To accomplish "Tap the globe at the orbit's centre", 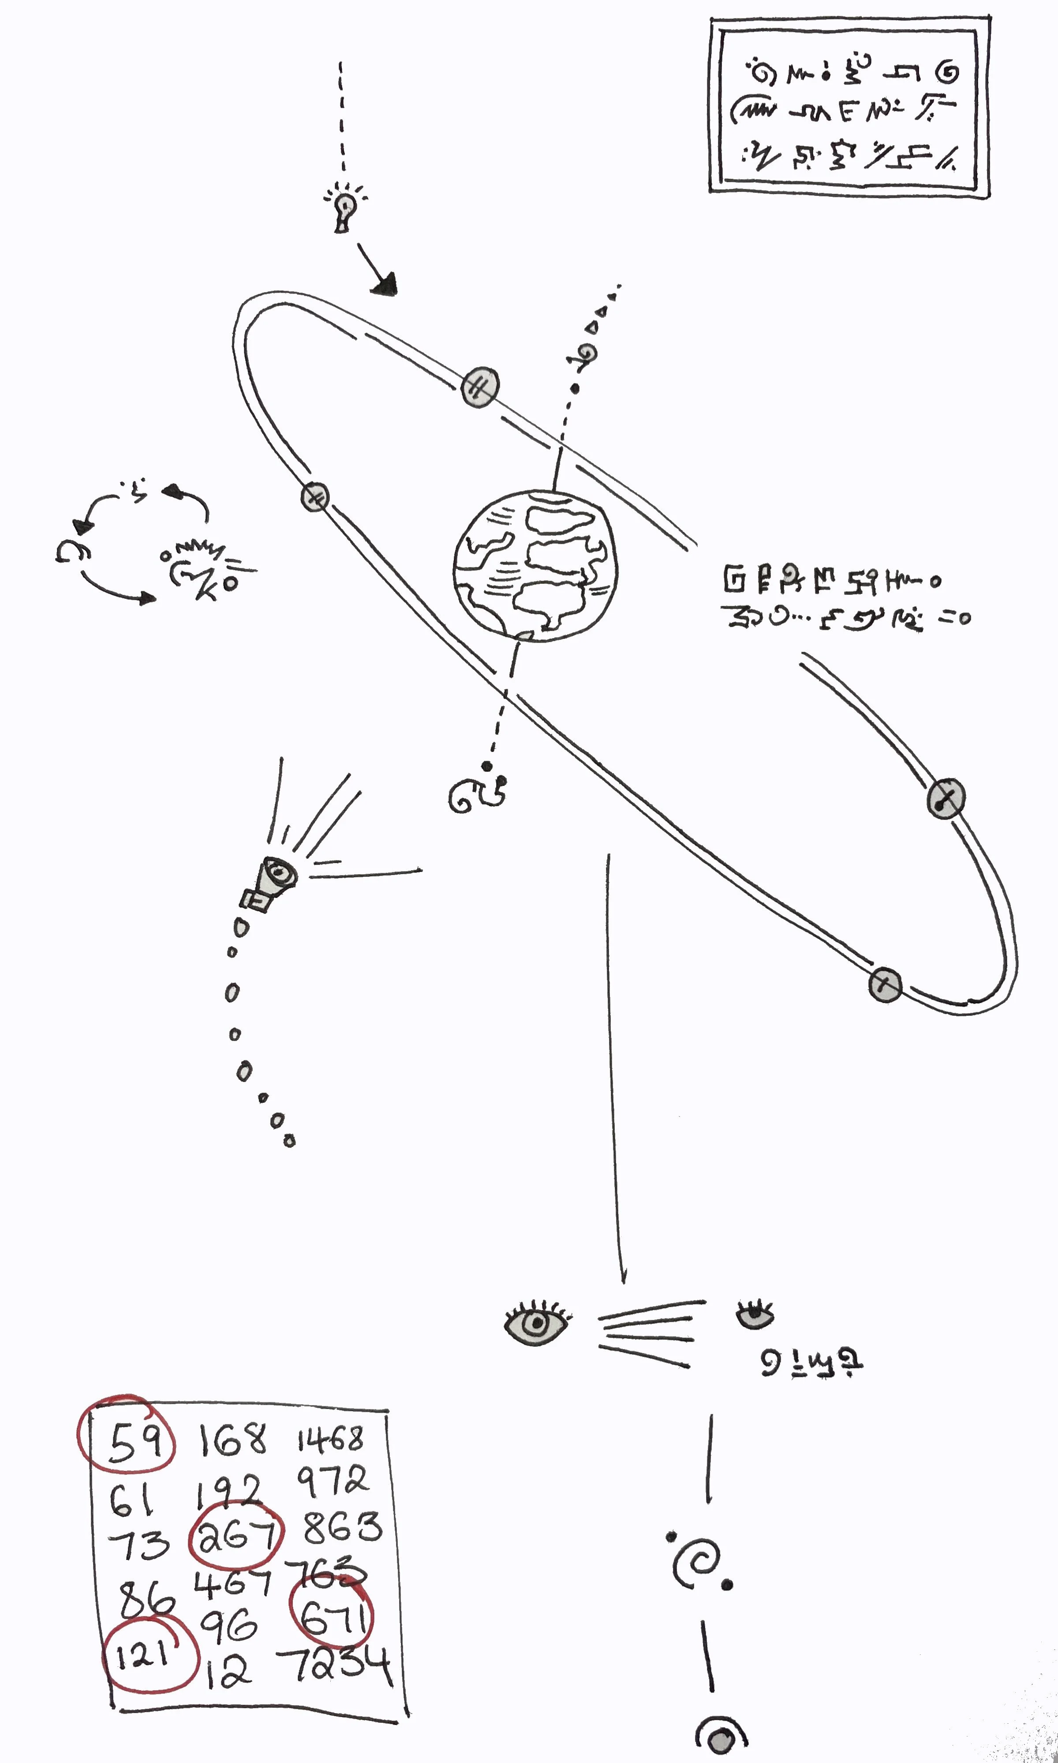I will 535,566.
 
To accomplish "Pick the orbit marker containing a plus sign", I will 885,985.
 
